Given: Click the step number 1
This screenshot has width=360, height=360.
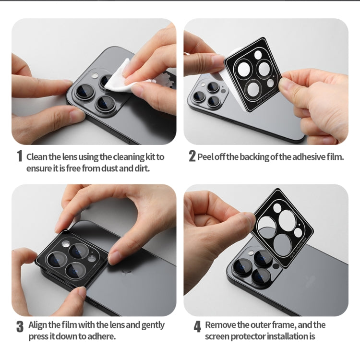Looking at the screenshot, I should (x=20, y=156).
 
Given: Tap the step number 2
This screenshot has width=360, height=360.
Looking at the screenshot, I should (x=192, y=156).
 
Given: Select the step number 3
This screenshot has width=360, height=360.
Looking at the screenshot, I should (x=20, y=327).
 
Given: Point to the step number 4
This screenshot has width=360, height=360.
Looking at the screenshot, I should (x=197, y=327).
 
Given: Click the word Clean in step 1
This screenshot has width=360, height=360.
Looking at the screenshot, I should (x=36, y=156).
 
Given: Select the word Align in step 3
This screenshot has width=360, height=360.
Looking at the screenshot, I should (x=38, y=325).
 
